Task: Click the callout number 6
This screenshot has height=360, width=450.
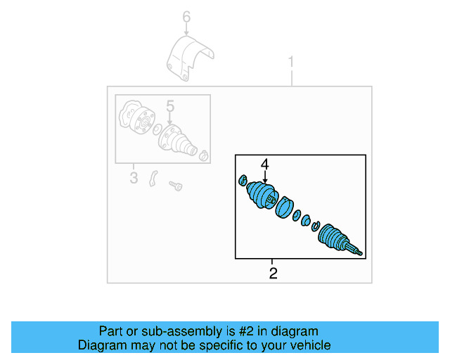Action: [x=186, y=16]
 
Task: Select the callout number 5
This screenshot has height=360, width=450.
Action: [x=169, y=105]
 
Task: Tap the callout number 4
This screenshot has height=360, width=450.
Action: [x=264, y=165]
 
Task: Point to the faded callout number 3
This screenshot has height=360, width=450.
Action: [x=134, y=178]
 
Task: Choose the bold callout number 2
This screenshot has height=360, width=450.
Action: [x=273, y=273]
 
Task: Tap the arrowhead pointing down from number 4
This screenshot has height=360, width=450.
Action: [x=265, y=182]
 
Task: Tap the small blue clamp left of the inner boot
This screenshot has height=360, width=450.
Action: [x=243, y=180]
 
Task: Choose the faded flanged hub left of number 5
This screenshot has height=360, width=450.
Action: [x=134, y=117]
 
